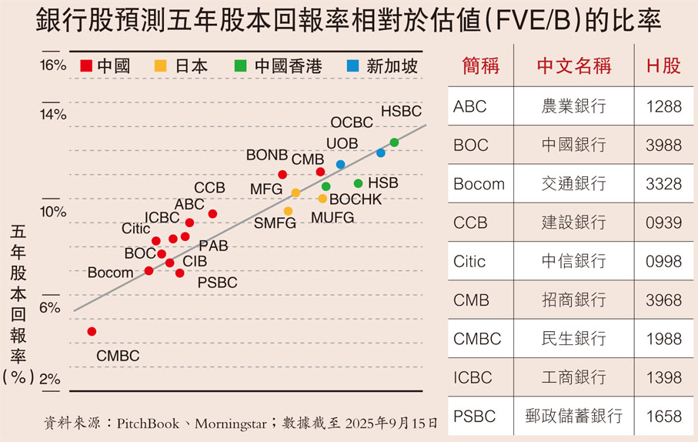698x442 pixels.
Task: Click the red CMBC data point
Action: (x=92, y=331)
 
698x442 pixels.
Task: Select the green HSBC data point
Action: (x=394, y=142)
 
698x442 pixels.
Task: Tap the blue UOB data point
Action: (x=340, y=165)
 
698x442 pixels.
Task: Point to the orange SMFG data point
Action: (x=288, y=211)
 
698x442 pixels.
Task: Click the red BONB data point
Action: (x=282, y=174)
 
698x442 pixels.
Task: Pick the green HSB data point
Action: (x=358, y=183)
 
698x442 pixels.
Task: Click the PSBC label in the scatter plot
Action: (x=217, y=283)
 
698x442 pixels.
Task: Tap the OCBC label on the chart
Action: (x=352, y=122)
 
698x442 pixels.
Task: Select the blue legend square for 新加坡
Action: (x=352, y=66)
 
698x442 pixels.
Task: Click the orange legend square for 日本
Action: (x=160, y=66)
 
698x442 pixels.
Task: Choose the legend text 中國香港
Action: (x=284, y=66)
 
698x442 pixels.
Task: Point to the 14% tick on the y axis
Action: (x=53, y=115)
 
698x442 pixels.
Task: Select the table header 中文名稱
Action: (x=573, y=65)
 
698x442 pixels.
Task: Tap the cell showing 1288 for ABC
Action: (x=663, y=105)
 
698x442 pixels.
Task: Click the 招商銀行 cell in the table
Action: (x=573, y=300)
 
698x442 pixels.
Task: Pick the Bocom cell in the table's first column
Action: (x=479, y=183)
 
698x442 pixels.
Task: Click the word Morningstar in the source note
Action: (x=230, y=424)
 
